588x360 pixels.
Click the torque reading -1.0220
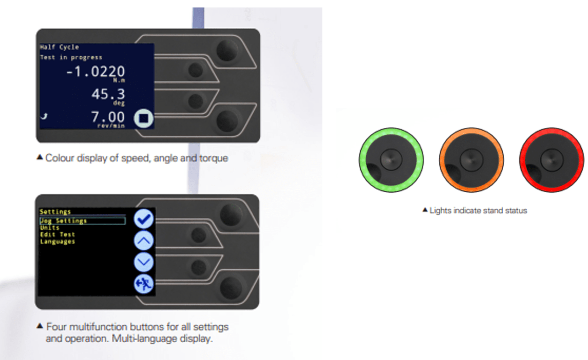click(95, 72)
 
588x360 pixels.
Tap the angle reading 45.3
click(108, 94)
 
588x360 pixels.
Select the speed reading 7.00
click(108, 117)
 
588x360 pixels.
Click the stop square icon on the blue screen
click(143, 119)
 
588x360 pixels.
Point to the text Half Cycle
click(59, 47)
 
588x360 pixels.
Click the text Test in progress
click(71, 58)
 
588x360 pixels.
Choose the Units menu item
click(50, 228)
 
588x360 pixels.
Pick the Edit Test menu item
click(57, 234)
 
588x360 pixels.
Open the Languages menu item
click(57, 241)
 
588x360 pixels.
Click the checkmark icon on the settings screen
click(144, 218)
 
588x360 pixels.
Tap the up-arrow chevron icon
click(144, 241)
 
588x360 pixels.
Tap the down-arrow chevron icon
click(144, 262)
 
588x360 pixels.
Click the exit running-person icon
click(144, 284)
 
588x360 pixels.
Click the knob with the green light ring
click(391, 160)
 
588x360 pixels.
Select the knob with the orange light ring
click(471, 160)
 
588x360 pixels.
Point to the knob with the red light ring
click(552, 160)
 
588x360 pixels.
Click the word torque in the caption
click(213, 158)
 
